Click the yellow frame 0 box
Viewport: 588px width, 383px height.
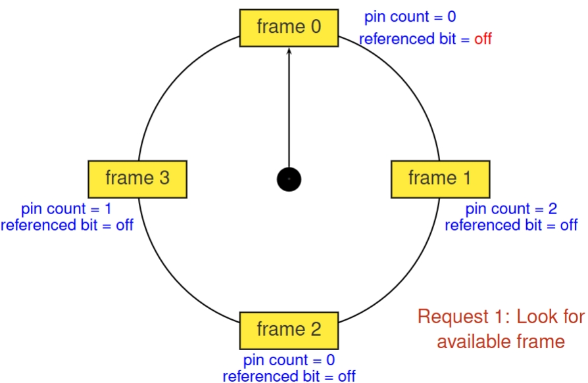pyautogui.click(x=289, y=28)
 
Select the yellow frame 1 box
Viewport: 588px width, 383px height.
pyautogui.click(x=440, y=178)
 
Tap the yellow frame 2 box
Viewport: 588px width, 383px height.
pyautogui.click(x=289, y=330)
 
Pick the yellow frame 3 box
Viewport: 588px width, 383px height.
pyautogui.click(x=137, y=178)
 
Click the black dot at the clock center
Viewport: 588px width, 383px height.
pyautogui.click(x=289, y=179)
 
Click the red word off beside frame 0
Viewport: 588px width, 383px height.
pyautogui.click(x=483, y=39)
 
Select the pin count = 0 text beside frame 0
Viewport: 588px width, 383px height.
pyautogui.click(x=410, y=17)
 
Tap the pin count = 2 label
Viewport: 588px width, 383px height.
pyautogui.click(x=511, y=209)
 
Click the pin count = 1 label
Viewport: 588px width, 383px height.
pyautogui.click(x=66, y=209)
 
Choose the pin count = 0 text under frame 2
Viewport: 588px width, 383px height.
pyautogui.click(x=289, y=360)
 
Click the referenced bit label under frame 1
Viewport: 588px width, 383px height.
pyautogui.click(x=511, y=225)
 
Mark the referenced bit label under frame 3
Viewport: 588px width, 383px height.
pyautogui.click(x=67, y=225)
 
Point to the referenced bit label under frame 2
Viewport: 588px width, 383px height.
pyautogui.click(x=289, y=376)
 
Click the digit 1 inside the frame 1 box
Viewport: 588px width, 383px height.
pyautogui.click(x=466, y=177)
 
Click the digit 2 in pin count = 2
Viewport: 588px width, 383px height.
pyautogui.click(x=552, y=209)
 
